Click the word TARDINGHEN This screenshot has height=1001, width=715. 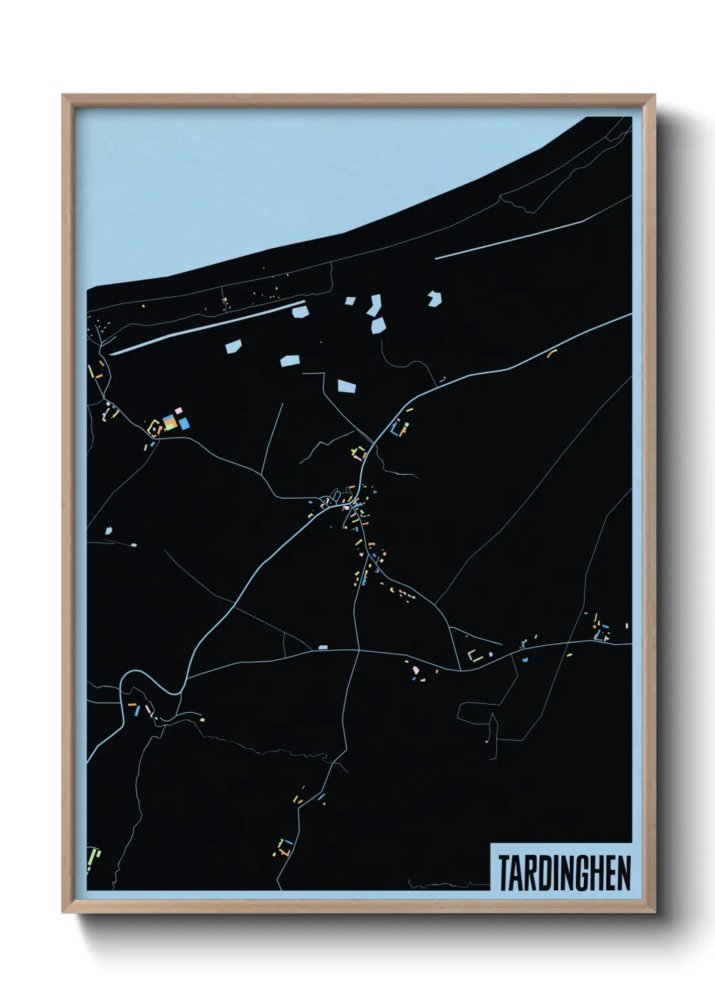tap(564, 872)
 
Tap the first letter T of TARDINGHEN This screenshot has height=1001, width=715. tap(504, 872)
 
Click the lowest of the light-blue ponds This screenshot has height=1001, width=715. tap(346, 386)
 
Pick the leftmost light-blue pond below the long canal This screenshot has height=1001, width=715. tap(232, 347)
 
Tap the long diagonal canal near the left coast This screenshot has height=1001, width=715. tap(203, 329)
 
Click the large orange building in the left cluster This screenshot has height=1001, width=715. tap(170, 423)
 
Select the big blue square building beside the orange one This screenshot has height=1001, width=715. tap(184, 423)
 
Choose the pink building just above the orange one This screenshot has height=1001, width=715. tap(178, 411)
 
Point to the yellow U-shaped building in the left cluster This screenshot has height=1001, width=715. tap(155, 427)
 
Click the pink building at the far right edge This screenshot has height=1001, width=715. tap(627, 626)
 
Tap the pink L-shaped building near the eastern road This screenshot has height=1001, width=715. tap(472, 654)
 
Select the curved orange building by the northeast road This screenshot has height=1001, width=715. tap(552, 352)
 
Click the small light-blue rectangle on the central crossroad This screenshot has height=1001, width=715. tap(323, 647)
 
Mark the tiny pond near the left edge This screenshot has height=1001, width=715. tap(109, 531)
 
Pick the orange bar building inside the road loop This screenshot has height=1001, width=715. tap(132, 705)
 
